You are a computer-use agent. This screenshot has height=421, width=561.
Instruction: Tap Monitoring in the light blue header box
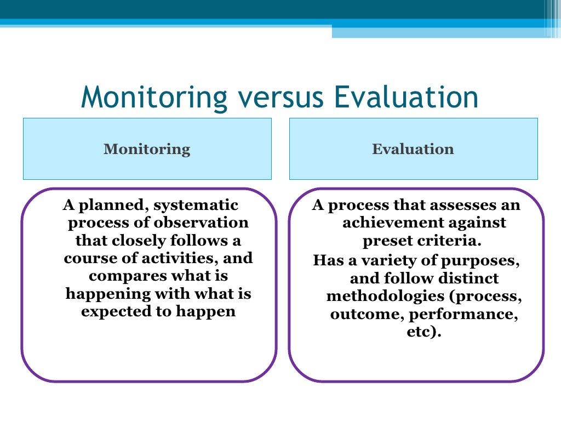(147, 149)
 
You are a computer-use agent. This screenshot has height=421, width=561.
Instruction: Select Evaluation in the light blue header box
(413, 149)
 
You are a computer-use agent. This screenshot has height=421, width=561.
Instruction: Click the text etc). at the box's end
(423, 332)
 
